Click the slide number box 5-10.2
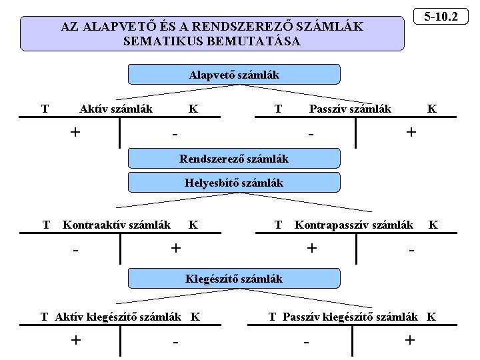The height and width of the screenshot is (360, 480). coord(441,15)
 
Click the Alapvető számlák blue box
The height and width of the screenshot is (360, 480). coord(233,75)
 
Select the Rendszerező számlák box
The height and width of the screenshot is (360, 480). coord(233,159)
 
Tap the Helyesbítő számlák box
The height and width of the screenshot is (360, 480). coord(233,182)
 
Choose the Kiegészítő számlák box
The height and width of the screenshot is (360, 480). coord(233,279)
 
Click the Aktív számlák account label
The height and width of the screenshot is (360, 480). coord(116,109)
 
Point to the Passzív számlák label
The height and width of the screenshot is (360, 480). coord(350,109)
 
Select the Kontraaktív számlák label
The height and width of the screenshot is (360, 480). coord(116,225)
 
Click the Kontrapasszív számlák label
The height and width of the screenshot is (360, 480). coord(353,225)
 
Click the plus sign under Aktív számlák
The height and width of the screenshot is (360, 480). coord(75,132)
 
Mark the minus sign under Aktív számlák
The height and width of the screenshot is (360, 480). coord(175,134)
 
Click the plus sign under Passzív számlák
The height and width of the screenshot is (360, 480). coord(411,132)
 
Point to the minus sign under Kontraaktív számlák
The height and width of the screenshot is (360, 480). coord(77,251)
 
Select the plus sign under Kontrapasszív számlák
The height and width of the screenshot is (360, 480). coord(311,248)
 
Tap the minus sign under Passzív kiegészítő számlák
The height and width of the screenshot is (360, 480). coord(307,343)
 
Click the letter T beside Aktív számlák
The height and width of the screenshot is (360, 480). coord(45,109)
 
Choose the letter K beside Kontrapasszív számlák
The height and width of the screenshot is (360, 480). coord(433,225)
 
